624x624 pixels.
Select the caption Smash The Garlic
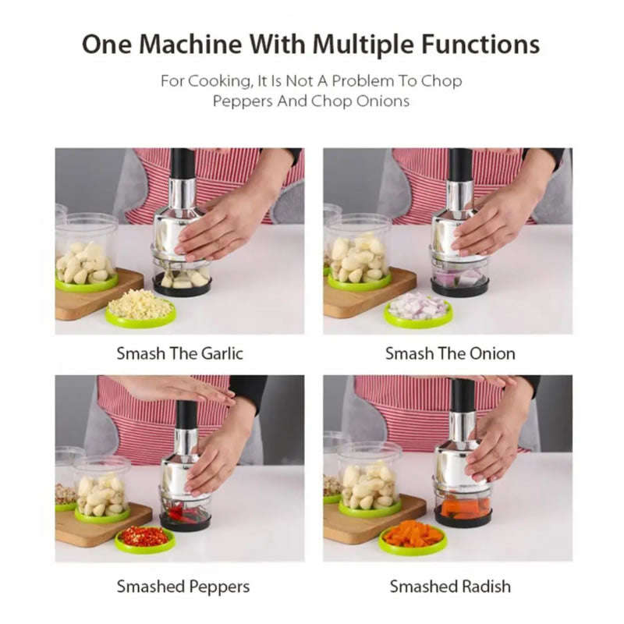[179, 353]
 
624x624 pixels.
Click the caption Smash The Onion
[449, 353]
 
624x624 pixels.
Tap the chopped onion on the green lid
[418, 307]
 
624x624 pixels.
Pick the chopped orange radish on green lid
[413, 535]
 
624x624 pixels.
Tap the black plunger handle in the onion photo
[460, 165]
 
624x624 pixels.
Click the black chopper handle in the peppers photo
[186, 414]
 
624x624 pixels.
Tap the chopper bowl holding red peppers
[185, 510]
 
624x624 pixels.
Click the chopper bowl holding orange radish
[463, 507]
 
